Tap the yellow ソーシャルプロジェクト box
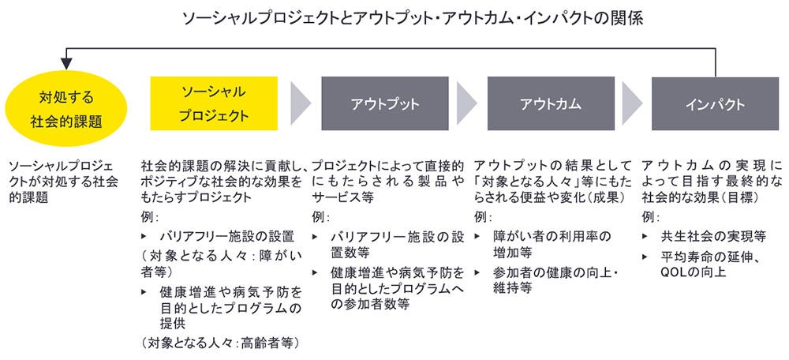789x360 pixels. click(214, 103)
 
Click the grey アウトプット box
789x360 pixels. click(385, 103)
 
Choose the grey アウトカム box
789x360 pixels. click(550, 103)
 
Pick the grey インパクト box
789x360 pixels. click(716, 103)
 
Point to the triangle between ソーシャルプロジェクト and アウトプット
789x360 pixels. click(300, 103)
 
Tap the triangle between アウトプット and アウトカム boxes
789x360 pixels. click(466, 103)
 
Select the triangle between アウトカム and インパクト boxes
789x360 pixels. click(632, 103)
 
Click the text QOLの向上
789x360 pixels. click(694, 272)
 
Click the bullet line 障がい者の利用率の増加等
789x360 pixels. click(552, 244)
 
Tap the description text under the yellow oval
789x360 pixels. click(62, 182)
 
